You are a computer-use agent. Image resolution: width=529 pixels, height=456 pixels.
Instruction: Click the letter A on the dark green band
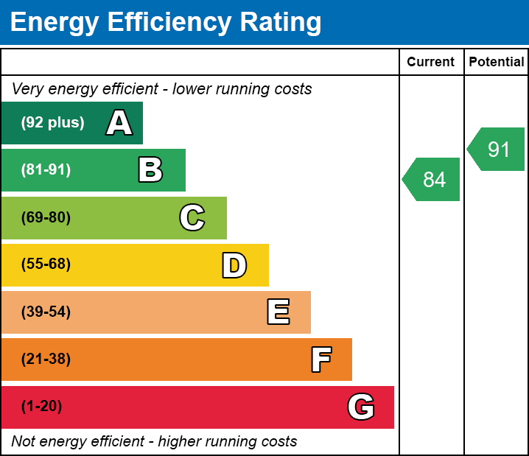click(119, 123)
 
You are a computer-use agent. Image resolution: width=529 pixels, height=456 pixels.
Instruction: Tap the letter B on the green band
click(150, 170)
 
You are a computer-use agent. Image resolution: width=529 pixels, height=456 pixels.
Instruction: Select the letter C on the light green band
click(192, 217)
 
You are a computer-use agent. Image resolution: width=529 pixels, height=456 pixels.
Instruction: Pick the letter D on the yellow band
click(234, 265)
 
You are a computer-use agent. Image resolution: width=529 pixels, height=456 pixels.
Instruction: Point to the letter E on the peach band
click(278, 312)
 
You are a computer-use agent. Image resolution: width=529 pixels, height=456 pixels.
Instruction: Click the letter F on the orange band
click(320, 359)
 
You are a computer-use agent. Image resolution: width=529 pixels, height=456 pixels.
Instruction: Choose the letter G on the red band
click(361, 407)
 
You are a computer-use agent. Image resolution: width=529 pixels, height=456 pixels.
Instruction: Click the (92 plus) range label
click(52, 123)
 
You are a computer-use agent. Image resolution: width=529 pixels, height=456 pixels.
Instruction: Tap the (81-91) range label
click(46, 170)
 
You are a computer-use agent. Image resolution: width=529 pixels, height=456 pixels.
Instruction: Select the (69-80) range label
click(46, 217)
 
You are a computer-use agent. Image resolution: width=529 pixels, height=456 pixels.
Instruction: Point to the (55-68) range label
click(46, 264)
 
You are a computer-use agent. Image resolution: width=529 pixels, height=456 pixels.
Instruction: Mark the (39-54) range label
click(46, 312)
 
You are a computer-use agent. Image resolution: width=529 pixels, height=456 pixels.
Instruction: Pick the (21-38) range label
click(46, 359)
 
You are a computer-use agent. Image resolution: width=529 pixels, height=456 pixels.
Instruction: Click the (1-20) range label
click(42, 407)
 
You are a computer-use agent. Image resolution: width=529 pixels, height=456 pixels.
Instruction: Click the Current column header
click(431, 63)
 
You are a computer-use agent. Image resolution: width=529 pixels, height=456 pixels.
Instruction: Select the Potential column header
click(497, 63)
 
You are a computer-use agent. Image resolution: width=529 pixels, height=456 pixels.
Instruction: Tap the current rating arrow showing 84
click(432, 179)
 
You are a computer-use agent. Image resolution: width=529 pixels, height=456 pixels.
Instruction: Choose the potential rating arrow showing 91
click(497, 150)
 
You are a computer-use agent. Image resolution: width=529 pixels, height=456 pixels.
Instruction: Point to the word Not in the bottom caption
click(23, 442)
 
